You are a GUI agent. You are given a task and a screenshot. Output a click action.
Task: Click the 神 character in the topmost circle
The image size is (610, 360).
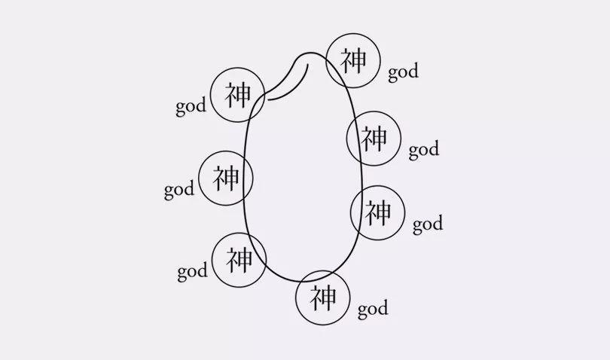point(354,60)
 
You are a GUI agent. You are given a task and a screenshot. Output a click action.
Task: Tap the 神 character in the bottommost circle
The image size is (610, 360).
point(323,297)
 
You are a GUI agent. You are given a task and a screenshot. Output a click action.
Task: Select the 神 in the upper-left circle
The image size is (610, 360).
point(238,95)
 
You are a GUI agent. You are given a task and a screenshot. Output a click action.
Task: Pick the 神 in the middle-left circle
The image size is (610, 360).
point(226,178)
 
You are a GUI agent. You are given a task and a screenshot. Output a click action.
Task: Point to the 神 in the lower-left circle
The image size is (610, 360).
point(239,260)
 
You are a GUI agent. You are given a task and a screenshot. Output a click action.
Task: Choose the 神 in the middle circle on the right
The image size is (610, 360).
point(374,138)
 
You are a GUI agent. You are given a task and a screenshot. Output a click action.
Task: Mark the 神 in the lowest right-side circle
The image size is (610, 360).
point(378,212)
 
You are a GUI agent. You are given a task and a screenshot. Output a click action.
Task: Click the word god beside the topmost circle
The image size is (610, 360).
point(404,72)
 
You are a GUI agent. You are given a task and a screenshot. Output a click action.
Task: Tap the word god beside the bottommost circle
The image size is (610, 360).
point(373,309)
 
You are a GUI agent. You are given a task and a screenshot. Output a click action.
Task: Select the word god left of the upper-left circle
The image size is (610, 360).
point(191,107)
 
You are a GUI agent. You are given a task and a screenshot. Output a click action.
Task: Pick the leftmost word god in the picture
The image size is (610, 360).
point(179,190)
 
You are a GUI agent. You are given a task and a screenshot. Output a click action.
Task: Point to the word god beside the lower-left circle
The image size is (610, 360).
point(193,272)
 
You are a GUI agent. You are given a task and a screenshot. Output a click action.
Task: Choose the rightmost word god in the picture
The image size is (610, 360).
point(428,224)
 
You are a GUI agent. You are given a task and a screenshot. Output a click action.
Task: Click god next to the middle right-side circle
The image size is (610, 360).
point(424,150)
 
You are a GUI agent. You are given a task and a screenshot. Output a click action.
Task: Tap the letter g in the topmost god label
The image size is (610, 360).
point(393,75)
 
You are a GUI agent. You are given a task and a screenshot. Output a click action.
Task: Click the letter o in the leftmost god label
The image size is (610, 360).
point(179,191)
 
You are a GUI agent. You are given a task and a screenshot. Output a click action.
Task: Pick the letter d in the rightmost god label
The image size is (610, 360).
point(438,222)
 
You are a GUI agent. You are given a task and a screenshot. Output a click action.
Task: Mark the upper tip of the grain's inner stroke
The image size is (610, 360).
point(308,64)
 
